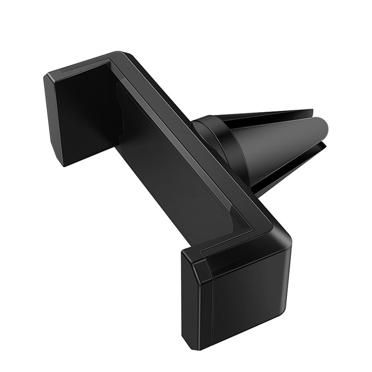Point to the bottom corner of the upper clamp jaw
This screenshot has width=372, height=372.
tap(63, 164)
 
